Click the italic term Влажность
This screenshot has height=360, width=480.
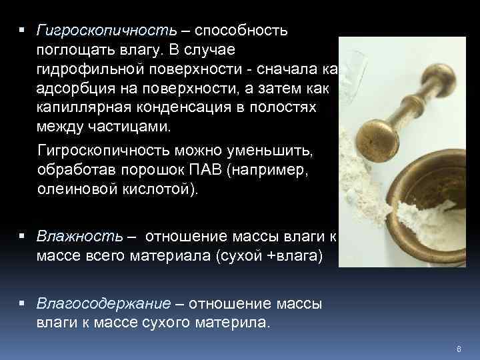80,236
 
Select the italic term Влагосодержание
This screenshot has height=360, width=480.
103,303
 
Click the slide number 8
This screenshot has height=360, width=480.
459,348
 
